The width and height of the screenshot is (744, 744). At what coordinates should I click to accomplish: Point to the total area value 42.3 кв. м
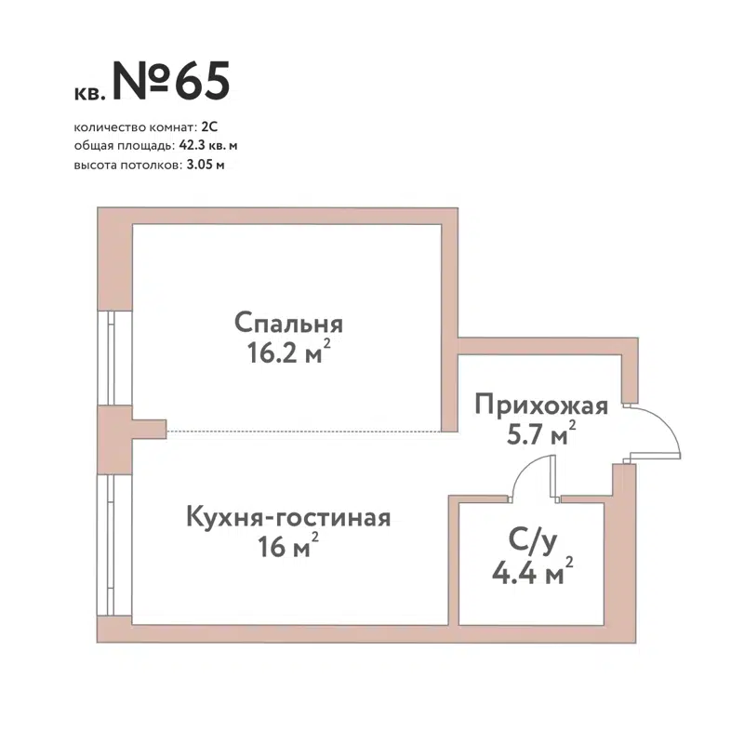coord(208,146)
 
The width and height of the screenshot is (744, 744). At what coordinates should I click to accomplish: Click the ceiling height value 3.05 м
coord(205,165)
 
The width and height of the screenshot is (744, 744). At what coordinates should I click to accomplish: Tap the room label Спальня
coord(289,324)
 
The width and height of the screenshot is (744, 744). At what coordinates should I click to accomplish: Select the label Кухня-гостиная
coord(287,517)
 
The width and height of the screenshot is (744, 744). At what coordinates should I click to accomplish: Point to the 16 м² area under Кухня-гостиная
coord(288,547)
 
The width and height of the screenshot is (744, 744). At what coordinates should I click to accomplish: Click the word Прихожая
coord(541,405)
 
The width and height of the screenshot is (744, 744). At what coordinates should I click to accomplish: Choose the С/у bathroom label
coord(530,540)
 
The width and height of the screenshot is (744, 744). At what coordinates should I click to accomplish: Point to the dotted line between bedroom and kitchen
coord(302,431)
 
